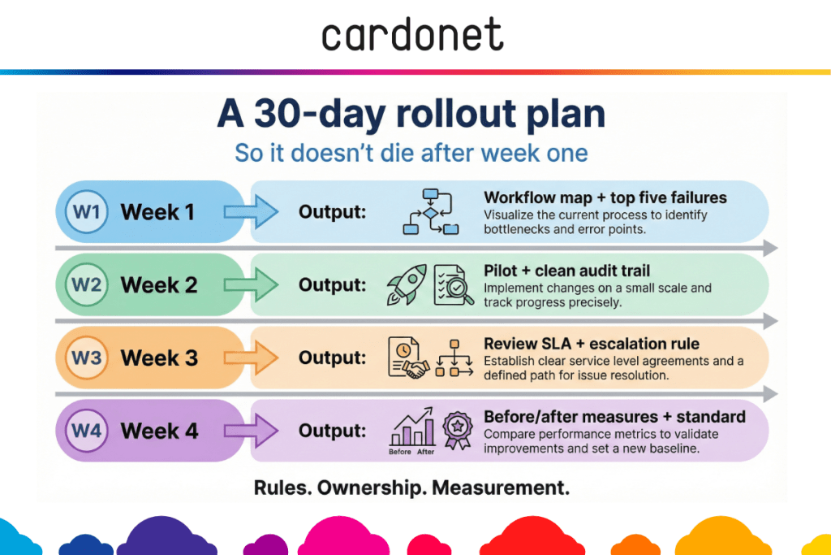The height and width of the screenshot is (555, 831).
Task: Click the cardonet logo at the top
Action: coord(412,34)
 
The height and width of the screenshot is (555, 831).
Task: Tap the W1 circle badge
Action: coord(86,212)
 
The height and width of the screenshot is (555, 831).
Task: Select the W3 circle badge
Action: coord(86,358)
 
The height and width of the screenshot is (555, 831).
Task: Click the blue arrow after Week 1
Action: coord(251,212)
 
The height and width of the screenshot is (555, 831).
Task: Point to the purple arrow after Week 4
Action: coord(251,431)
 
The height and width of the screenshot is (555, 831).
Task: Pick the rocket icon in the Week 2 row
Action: coord(407,284)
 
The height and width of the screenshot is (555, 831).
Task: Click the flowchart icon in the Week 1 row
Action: coord(431,211)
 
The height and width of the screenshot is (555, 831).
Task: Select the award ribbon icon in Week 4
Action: coord(458,431)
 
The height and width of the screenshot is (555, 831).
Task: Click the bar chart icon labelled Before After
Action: coord(412,431)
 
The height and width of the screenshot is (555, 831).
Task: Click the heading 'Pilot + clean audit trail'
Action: coord(566,271)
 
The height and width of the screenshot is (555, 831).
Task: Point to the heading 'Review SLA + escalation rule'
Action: coord(592,344)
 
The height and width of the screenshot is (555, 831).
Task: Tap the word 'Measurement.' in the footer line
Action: coord(501,488)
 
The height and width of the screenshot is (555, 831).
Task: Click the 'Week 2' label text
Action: coord(159,285)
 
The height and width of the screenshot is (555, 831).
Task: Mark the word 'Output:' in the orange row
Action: coord(332,358)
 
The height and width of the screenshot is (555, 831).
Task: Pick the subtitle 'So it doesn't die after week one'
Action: coord(411,153)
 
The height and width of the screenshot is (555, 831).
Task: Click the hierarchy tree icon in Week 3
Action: coord(454,358)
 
